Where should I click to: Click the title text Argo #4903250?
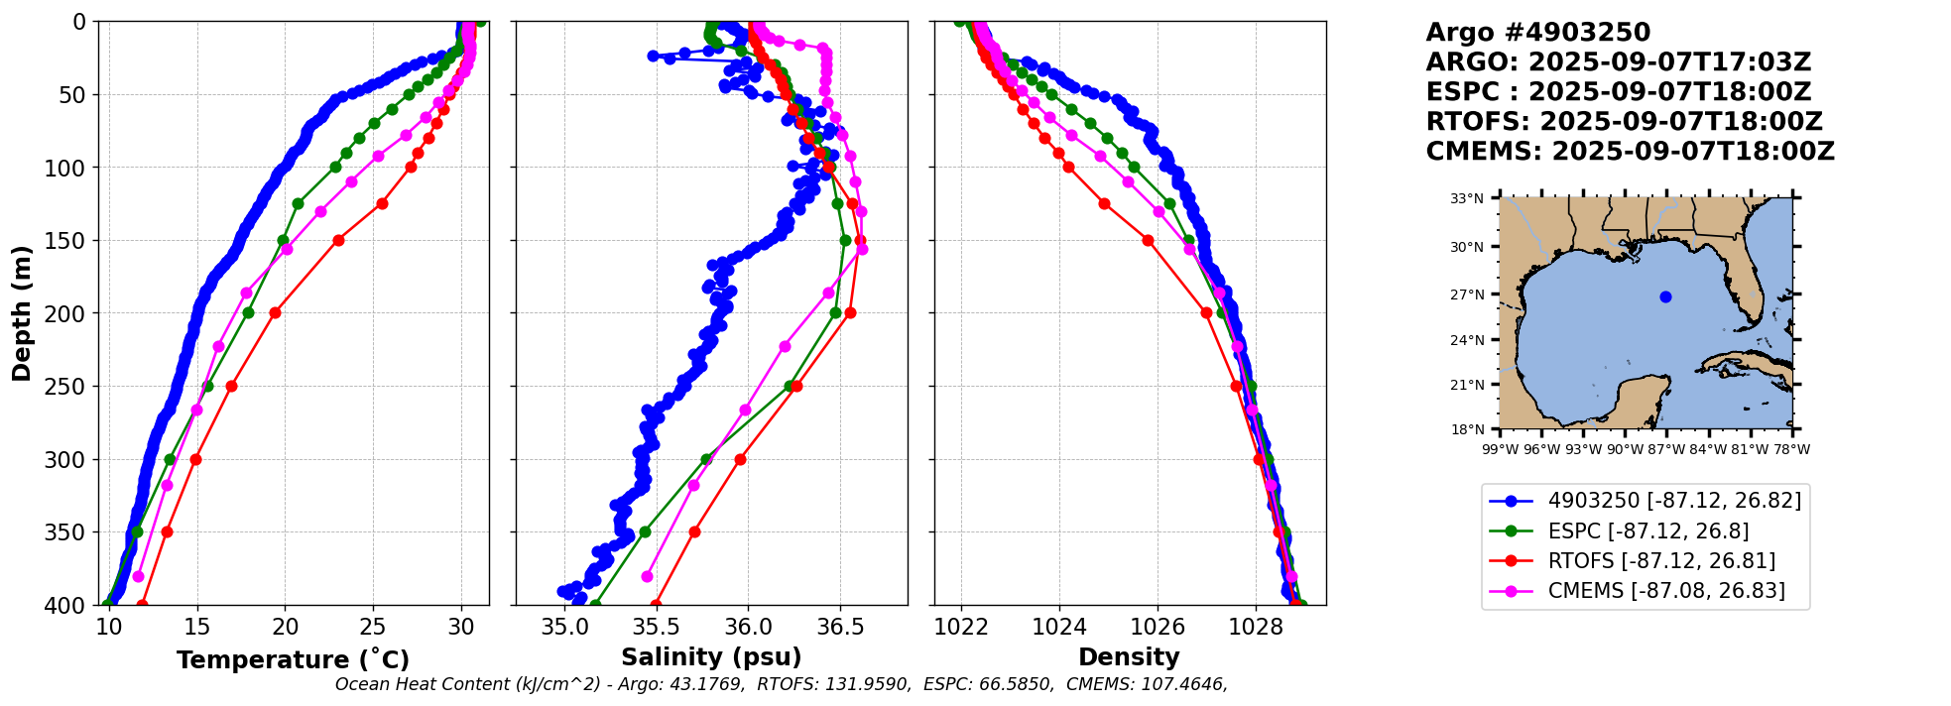[x=1537, y=33]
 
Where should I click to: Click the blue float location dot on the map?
[x=1665, y=296]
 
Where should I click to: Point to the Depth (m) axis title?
[x=22, y=313]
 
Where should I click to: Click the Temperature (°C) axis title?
[x=293, y=660]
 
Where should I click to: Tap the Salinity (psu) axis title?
[x=711, y=657]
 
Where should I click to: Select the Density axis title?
[x=1129, y=657]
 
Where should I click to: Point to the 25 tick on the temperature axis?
[x=373, y=627]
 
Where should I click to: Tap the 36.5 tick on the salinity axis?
[x=839, y=627]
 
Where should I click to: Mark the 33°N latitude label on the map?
[x=1467, y=198]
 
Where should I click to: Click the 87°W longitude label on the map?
[x=1666, y=449]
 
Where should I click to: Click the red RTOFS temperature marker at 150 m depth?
[x=338, y=240]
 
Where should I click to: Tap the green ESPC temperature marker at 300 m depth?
[x=170, y=459]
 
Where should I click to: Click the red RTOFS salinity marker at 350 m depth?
[x=694, y=531]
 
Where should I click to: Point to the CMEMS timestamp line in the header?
[x=1630, y=152]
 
